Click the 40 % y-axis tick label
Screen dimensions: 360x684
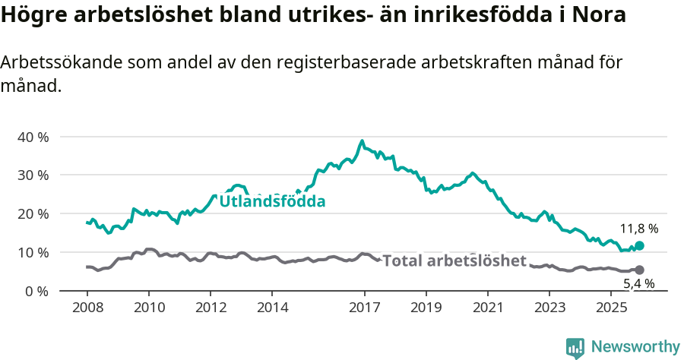(33, 137)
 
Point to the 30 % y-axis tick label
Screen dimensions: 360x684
(33, 175)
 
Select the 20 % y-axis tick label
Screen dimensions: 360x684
(33, 213)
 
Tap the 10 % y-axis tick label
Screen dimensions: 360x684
(33, 252)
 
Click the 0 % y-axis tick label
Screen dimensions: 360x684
(36, 291)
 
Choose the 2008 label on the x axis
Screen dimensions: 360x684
(87, 308)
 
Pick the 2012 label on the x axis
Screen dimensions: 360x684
(211, 308)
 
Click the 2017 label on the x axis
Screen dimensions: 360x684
(364, 308)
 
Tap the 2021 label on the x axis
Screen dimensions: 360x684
(487, 308)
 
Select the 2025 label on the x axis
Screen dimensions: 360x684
(610, 308)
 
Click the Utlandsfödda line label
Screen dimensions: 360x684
(272, 201)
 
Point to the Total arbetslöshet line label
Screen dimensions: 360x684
(454, 261)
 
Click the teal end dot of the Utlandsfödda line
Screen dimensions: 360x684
(639, 245)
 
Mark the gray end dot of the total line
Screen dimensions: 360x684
(639, 270)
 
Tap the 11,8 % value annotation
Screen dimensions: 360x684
(639, 228)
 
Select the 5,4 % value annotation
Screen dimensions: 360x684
(639, 284)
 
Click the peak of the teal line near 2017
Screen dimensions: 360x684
(362, 141)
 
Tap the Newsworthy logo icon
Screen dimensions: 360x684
(575, 348)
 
